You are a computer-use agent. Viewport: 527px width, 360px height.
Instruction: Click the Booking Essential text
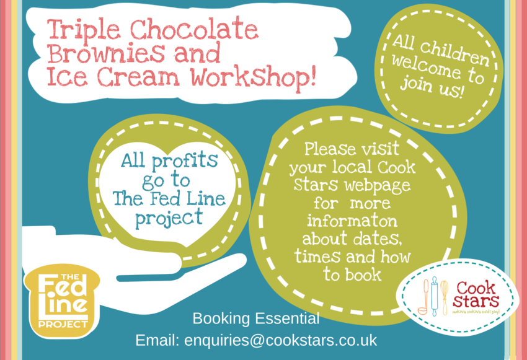click(x=256, y=319)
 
